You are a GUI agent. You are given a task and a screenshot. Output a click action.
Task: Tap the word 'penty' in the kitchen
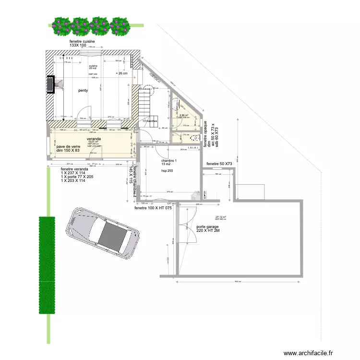83,90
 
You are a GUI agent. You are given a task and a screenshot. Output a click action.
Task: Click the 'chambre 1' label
169,161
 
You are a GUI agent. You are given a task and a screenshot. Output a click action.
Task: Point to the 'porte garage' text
207,227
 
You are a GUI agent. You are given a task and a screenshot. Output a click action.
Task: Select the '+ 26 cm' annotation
122,73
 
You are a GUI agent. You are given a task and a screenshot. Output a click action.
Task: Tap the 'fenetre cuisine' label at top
82,42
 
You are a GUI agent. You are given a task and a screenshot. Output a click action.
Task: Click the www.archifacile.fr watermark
308,353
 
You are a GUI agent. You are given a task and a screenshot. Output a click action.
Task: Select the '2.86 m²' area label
184,115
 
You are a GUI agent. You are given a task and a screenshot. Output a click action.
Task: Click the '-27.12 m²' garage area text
220,217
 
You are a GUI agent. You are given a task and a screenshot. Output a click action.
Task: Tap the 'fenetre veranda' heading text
74,169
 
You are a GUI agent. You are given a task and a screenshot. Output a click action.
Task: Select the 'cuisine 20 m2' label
93,67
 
